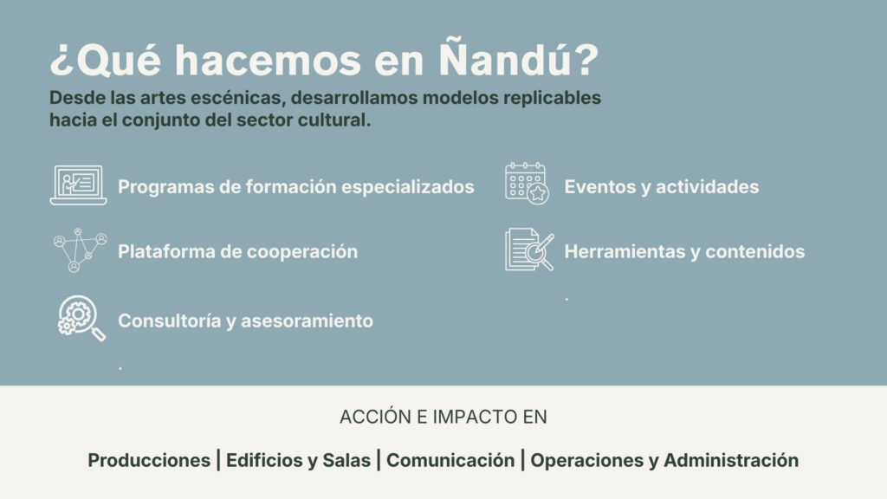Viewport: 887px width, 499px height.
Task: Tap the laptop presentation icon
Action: [78, 185]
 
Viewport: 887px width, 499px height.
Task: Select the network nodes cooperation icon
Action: [80, 250]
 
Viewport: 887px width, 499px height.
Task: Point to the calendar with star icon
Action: [527, 184]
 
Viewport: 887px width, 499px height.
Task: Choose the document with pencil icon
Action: [529, 249]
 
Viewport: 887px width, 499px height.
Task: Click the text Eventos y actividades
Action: [661, 187]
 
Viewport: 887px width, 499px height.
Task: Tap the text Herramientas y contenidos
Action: [684, 251]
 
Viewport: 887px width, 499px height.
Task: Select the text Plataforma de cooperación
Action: [237, 251]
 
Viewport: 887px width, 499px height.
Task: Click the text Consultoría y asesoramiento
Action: [245, 321]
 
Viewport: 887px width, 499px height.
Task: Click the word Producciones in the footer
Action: [149, 461]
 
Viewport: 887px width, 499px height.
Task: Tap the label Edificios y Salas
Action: [298, 461]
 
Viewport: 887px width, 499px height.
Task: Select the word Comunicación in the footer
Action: [450, 461]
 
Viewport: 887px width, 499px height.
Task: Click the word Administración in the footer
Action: [731, 461]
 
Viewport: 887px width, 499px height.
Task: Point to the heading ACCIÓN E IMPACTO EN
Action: [443, 417]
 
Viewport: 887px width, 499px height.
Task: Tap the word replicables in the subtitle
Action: [552, 98]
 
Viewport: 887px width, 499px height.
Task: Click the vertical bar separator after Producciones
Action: [218, 461]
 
